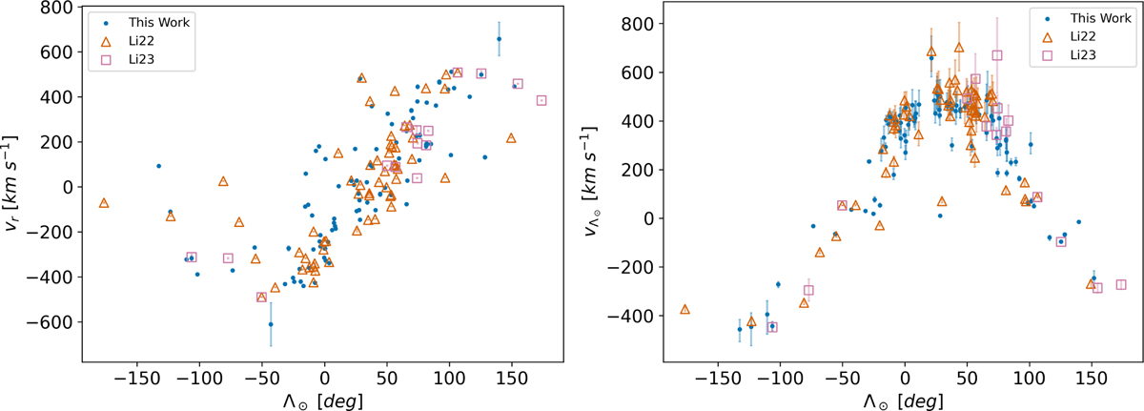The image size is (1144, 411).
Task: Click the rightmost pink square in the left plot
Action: (x=541, y=100)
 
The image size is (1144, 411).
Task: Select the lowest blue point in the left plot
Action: (x=271, y=324)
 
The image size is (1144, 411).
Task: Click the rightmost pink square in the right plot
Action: (x=1121, y=284)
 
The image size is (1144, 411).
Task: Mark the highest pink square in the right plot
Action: (x=997, y=55)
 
